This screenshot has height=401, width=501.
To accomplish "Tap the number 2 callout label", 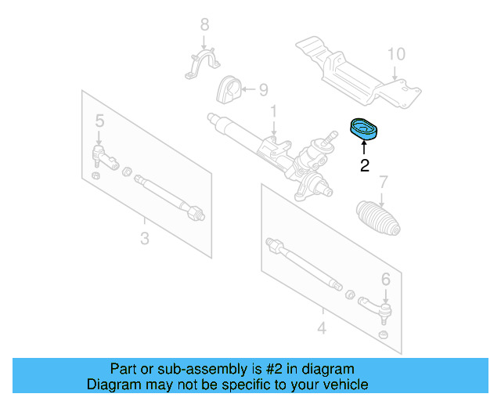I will [x=364, y=165].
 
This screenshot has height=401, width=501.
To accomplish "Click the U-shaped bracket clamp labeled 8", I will [x=201, y=65].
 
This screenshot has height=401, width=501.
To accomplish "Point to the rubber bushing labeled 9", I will [x=228, y=92].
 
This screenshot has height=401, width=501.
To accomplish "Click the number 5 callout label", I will [x=99, y=121].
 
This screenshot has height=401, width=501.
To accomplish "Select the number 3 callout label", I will [x=144, y=237].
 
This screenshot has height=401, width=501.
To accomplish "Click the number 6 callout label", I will [x=385, y=278].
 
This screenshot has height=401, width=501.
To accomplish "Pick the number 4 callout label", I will [x=322, y=327].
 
